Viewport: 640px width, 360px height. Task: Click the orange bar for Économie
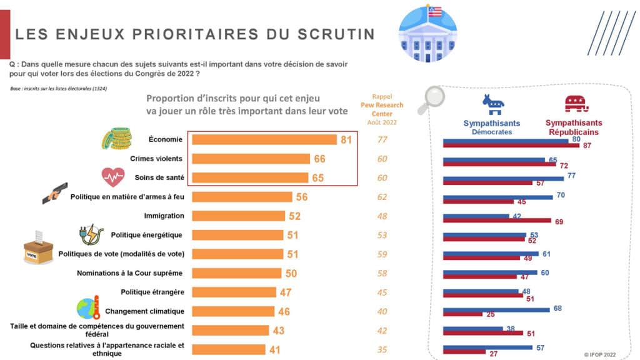(x=264, y=140)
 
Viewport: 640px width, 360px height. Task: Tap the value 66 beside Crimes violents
(x=319, y=159)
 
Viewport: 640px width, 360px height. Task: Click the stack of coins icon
(x=116, y=139)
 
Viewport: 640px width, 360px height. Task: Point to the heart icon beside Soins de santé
(x=113, y=177)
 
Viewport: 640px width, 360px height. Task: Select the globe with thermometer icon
(x=88, y=309)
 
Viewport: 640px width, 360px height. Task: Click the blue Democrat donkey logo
(x=492, y=104)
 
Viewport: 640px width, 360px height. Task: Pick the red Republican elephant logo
(x=576, y=104)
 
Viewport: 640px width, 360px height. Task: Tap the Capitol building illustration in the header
(x=427, y=34)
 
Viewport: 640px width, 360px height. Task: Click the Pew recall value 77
(x=382, y=140)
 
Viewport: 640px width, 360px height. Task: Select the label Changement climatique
(x=144, y=311)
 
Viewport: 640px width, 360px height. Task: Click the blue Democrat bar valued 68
(x=496, y=309)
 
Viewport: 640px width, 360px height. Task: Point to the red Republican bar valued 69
(x=497, y=221)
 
